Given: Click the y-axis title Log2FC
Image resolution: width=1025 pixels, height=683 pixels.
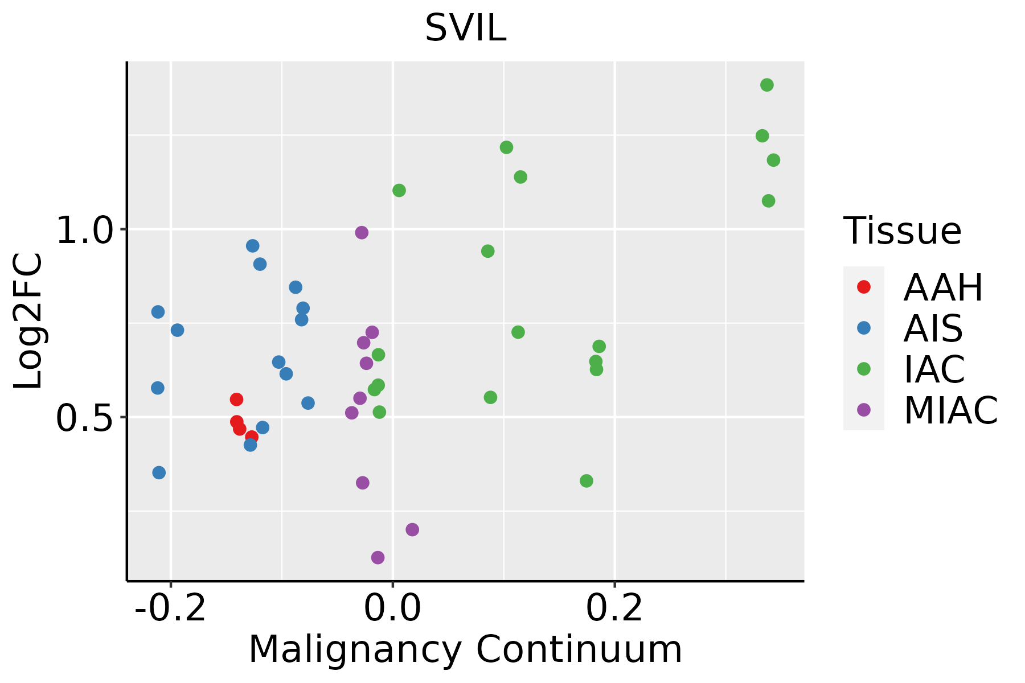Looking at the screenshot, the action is (28, 322).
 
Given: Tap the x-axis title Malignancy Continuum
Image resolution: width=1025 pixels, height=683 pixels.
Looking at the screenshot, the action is (465, 649).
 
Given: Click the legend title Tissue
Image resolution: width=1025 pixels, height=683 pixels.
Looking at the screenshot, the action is (903, 231).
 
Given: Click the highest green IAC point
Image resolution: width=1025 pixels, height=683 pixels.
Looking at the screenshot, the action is (767, 85).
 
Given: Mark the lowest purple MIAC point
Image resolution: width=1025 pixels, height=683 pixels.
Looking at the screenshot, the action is (378, 558).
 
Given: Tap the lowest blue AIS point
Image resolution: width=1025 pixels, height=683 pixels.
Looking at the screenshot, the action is (159, 473).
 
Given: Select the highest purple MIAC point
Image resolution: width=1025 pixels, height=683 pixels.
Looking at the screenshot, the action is (362, 233).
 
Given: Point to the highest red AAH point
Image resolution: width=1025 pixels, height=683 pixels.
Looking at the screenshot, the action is (237, 400).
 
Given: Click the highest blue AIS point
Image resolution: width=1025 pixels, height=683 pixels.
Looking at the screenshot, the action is (253, 246).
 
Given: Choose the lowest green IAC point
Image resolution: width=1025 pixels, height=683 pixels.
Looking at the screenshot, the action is (587, 481).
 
